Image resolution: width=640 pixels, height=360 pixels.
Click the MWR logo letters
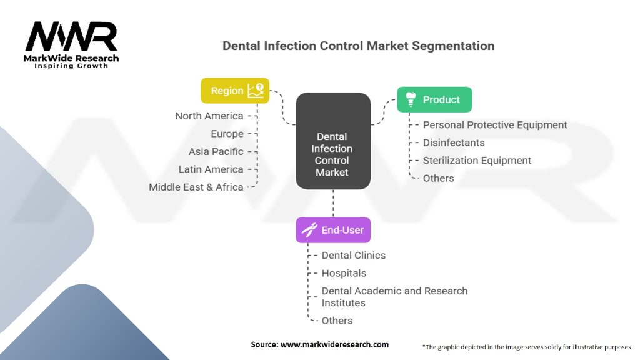tap(71, 36)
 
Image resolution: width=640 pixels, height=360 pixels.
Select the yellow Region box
tap(235, 91)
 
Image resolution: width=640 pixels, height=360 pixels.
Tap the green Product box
tap(434, 99)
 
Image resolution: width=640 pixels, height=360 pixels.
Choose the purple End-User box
tap(333, 230)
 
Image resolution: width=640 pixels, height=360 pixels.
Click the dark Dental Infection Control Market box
tap(333, 141)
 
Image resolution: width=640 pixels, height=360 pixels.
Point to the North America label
tap(209, 116)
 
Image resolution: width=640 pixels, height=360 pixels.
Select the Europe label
tap(227, 134)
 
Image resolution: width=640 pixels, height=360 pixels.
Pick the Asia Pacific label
tap(216, 151)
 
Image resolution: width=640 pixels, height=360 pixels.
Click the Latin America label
tap(211, 169)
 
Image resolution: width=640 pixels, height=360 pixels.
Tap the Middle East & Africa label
tap(196, 187)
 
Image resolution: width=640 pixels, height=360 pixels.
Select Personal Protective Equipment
tap(495, 125)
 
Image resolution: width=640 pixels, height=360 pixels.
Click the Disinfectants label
tap(454, 143)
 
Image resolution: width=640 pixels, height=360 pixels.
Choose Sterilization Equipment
tap(477, 161)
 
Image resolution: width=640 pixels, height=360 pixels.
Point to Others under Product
tap(438, 178)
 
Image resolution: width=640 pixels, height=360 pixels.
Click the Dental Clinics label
tap(354, 256)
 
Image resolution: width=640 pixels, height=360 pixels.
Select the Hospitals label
tap(344, 274)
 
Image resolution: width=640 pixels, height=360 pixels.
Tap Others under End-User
tap(337, 321)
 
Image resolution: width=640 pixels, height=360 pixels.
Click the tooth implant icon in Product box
tap(411, 99)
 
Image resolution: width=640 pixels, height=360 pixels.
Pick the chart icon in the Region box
tap(256, 91)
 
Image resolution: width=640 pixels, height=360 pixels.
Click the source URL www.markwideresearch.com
tap(335, 344)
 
